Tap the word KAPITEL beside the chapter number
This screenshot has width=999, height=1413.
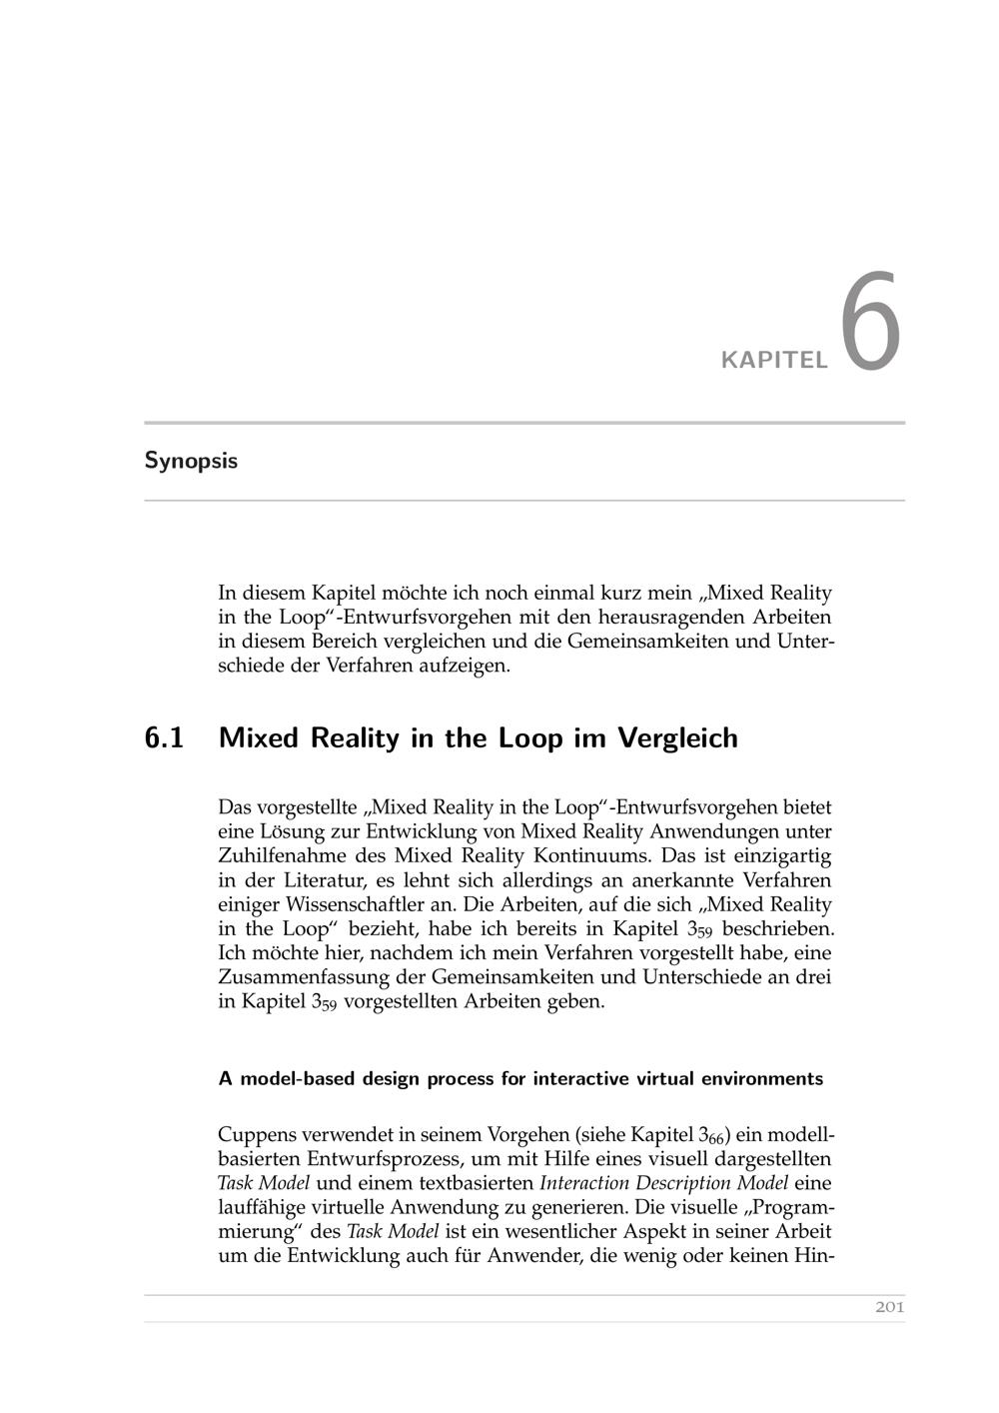(775, 360)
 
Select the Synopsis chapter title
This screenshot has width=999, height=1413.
(191, 461)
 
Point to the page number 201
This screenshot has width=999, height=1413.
(889, 1307)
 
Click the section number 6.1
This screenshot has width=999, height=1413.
(165, 738)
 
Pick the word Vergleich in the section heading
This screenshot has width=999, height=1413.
(678, 738)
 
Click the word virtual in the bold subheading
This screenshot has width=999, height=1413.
(665, 1079)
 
